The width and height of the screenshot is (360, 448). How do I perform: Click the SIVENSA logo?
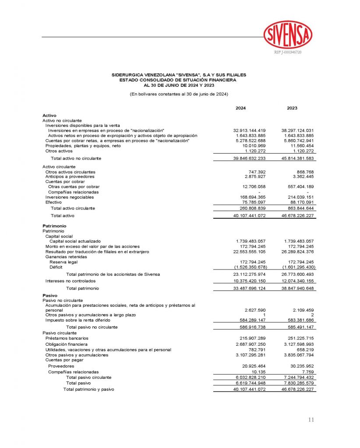288,34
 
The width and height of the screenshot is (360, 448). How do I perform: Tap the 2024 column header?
241,108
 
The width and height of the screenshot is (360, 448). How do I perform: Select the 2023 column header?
292,108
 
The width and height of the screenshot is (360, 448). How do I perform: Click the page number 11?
311,420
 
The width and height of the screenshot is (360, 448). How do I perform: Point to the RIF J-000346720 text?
288,52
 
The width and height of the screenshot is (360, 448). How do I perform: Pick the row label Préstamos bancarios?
67,338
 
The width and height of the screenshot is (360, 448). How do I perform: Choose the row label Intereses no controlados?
71,281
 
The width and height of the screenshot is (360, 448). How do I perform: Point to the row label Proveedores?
61,366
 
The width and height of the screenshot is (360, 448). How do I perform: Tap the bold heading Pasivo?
49,296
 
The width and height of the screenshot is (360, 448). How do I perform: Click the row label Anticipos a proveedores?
70,177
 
